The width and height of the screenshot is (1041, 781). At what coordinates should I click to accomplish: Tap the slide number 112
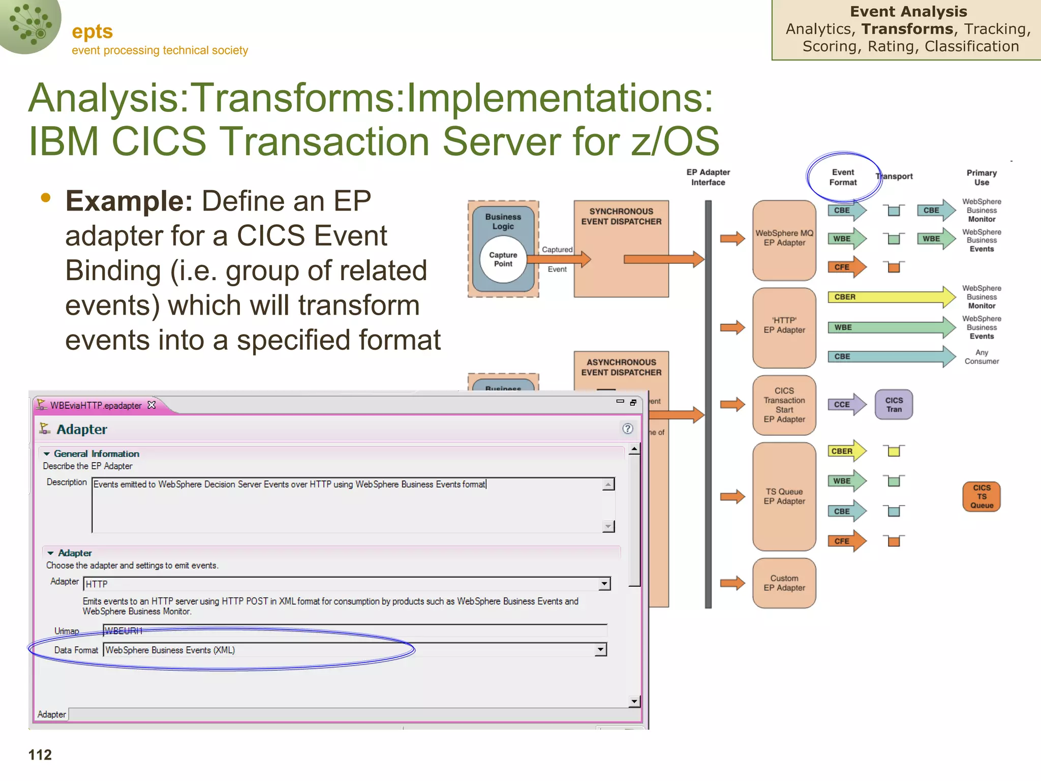tap(40, 755)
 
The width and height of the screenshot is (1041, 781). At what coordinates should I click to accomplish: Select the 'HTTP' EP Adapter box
tap(784, 327)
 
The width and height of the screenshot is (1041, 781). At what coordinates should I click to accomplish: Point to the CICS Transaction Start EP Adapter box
tap(784, 405)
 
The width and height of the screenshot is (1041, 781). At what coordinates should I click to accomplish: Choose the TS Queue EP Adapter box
tap(784, 496)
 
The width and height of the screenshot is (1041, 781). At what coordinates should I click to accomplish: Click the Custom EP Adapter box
tap(784, 583)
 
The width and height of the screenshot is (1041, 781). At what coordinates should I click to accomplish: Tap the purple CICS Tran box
tap(894, 405)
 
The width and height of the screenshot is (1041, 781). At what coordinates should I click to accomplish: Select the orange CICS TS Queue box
tap(982, 496)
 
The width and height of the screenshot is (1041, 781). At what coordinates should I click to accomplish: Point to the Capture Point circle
tap(503, 259)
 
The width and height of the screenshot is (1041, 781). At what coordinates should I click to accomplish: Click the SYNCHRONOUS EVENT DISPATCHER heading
tap(621, 217)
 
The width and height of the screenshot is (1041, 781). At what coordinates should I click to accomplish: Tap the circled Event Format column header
tap(843, 177)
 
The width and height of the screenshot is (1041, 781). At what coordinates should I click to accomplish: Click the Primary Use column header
tap(982, 177)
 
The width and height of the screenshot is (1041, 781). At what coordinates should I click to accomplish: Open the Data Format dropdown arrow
tap(601, 649)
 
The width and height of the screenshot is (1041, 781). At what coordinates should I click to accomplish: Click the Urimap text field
tap(354, 631)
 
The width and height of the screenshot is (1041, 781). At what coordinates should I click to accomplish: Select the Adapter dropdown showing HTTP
tap(346, 584)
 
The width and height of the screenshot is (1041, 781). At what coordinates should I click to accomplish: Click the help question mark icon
tap(628, 429)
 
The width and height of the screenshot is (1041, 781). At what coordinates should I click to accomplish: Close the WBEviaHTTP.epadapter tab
tap(151, 405)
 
